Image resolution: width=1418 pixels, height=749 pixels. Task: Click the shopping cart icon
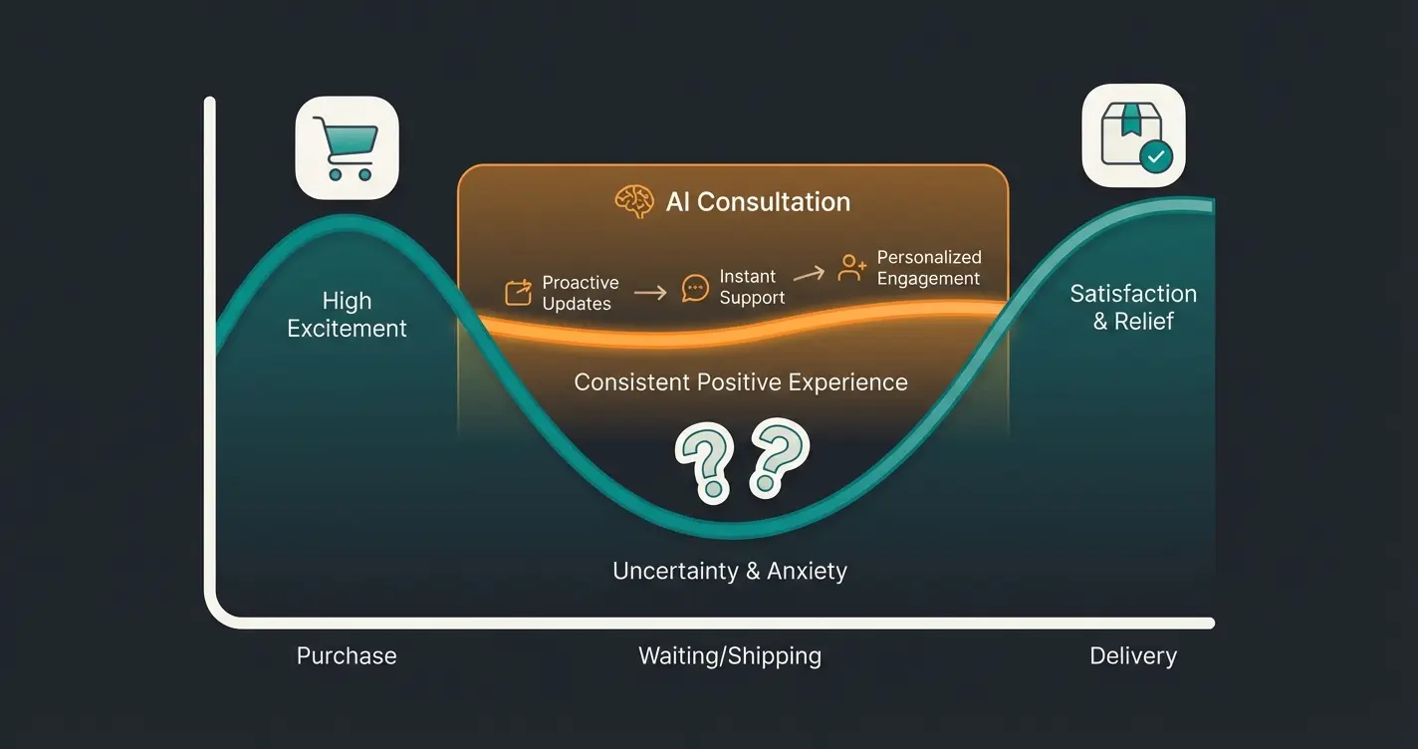pos(347,147)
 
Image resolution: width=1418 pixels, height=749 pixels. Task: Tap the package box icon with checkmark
pos(1133,136)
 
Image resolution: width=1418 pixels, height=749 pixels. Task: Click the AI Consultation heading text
pos(758,202)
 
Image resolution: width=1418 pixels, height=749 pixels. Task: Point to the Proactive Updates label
pos(580,293)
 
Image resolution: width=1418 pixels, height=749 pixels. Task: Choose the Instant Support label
pos(752,287)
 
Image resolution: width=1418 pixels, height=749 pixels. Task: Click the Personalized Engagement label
pos(928,268)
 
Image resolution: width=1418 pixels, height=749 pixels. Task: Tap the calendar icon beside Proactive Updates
pos(518,293)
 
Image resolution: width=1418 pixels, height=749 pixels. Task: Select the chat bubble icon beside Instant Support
pos(695,288)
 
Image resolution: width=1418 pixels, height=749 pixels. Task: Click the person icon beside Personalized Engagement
pos(851,267)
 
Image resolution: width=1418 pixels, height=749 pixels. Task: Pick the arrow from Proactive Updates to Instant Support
pos(649,293)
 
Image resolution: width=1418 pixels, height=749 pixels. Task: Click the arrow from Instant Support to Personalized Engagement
pos(810,273)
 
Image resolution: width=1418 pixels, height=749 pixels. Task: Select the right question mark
pos(777,457)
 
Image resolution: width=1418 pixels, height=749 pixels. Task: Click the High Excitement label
pos(347,315)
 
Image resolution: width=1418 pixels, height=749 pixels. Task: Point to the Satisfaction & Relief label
pos(1133,307)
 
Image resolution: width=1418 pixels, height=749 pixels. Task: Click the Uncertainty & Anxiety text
pos(729,571)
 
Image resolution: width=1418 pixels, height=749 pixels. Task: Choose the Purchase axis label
pos(347,656)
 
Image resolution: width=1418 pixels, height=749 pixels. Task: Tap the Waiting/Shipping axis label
pos(729,656)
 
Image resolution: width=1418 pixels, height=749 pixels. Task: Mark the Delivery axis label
pos(1133,656)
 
